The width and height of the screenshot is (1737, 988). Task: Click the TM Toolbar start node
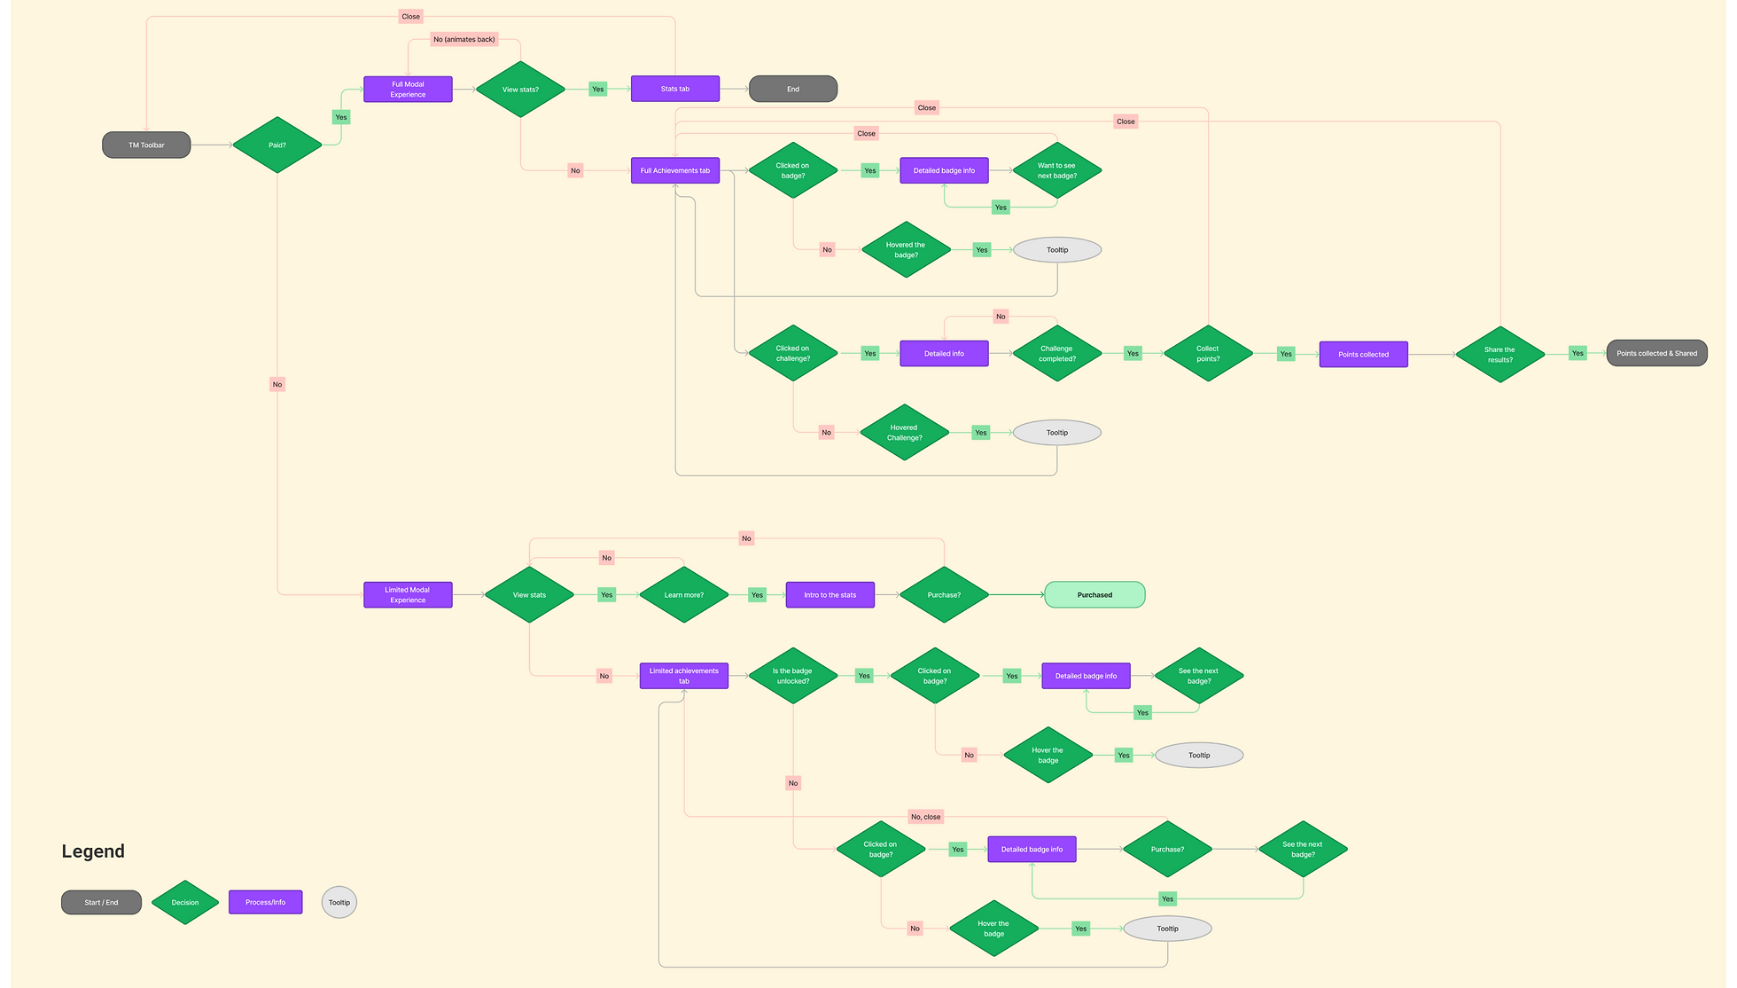click(146, 145)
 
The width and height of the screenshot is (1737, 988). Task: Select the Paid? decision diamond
click(277, 145)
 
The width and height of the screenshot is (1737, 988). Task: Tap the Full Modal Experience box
click(408, 90)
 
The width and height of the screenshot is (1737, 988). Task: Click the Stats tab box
click(674, 89)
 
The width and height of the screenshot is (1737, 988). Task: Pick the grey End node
click(792, 89)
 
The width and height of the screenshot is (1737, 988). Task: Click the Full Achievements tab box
click(674, 170)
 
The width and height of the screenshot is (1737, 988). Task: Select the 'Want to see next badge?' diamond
click(1056, 170)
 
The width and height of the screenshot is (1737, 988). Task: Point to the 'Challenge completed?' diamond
click(1056, 353)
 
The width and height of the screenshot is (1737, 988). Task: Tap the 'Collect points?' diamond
click(1207, 353)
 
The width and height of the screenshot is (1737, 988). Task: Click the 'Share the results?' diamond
click(1499, 354)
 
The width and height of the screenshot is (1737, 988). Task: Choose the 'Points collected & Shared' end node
click(1656, 353)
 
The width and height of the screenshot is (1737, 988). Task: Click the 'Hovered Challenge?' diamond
click(904, 432)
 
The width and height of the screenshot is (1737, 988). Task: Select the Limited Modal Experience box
click(408, 595)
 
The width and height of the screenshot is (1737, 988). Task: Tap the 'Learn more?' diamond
click(683, 595)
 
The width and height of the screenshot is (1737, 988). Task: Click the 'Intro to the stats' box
click(830, 595)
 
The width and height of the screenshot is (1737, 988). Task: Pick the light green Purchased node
click(1094, 595)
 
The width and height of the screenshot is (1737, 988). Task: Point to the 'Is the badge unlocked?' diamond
click(792, 676)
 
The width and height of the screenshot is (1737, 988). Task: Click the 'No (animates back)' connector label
click(464, 39)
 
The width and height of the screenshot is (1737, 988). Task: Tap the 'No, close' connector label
click(925, 817)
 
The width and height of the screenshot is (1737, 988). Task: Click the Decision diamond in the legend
click(184, 902)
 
